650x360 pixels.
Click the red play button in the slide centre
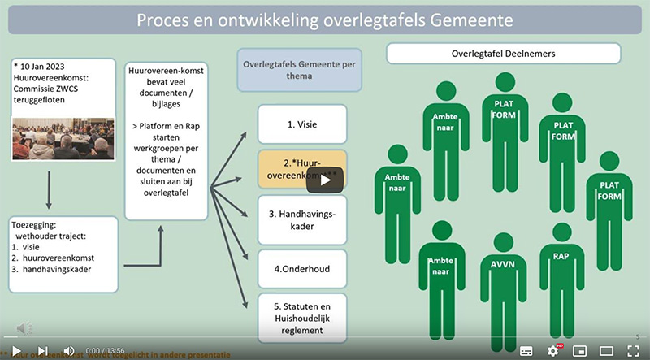pyautogui.click(x=323, y=180)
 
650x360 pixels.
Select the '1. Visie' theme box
pyautogui.click(x=302, y=124)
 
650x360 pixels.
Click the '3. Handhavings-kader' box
pyautogui.click(x=302, y=219)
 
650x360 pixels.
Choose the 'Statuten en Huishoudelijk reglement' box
pyautogui.click(x=302, y=316)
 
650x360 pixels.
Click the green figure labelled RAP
pyautogui.click(x=561, y=268)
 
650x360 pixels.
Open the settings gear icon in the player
pyautogui.click(x=553, y=350)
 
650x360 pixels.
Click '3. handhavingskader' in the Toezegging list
pyautogui.click(x=61, y=268)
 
